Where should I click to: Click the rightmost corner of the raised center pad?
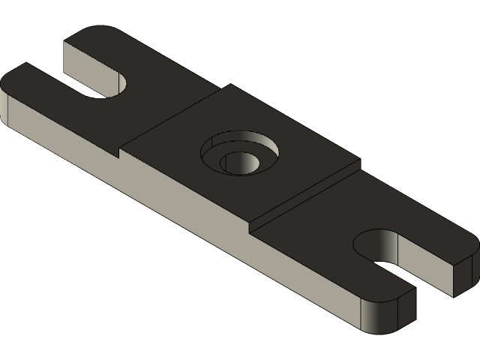(x=358, y=163)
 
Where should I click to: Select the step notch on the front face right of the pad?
(x=250, y=226)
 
